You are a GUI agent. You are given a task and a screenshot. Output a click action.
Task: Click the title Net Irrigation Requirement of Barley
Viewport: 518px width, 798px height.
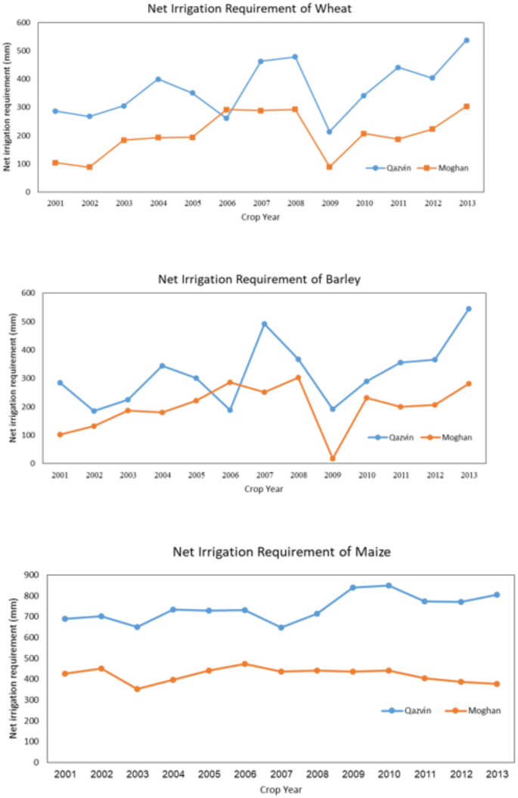tap(259, 278)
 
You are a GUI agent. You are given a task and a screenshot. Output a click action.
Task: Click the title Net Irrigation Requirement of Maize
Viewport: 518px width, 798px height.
tap(282, 552)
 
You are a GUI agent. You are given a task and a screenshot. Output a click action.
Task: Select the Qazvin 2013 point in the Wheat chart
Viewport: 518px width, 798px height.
tap(466, 40)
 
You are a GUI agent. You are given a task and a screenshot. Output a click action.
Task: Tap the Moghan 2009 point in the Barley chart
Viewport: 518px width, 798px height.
tap(332, 458)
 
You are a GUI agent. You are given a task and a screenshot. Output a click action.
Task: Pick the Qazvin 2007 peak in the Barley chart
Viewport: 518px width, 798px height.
tap(264, 324)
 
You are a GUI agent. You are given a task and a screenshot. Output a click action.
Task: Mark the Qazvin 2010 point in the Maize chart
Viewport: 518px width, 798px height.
tap(389, 585)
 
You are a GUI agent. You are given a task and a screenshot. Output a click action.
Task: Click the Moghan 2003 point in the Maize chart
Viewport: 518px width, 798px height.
tap(137, 689)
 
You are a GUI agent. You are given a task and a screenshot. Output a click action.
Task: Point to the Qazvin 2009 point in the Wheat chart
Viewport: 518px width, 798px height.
tap(329, 132)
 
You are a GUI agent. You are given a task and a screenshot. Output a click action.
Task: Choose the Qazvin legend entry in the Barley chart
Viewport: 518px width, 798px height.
tap(392, 437)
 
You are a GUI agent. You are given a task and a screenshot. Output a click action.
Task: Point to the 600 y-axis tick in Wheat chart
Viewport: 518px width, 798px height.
tap(26, 23)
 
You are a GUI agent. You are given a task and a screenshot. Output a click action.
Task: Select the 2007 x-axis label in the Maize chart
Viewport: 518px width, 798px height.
tap(281, 775)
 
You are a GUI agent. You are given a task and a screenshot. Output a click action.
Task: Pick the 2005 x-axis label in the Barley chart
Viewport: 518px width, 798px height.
tap(196, 475)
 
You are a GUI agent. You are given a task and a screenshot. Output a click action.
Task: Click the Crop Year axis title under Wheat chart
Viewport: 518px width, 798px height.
tap(260, 216)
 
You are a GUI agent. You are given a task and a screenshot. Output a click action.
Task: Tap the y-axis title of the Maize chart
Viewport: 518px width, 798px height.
tap(12, 669)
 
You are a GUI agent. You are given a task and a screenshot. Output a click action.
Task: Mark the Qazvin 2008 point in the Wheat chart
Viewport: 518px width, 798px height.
tap(295, 57)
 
